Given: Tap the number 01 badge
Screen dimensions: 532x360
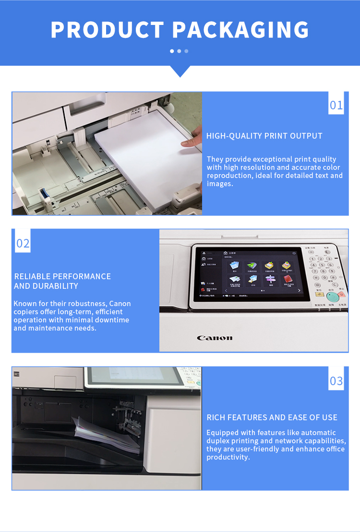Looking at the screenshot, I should coord(336,105).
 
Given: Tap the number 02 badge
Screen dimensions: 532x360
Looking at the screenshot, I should coord(23,243).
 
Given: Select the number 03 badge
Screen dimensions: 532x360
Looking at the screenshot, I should coord(336,381).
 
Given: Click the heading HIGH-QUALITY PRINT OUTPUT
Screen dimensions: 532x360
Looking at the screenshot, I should coord(264,136).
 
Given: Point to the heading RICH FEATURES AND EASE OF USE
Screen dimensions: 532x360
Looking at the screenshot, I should coord(272,417).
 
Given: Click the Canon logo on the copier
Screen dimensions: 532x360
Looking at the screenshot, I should coord(215,338).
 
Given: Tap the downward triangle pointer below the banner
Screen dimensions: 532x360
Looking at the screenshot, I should coord(180,71).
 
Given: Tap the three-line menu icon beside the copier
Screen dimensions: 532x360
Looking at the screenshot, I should coord(16,374).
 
